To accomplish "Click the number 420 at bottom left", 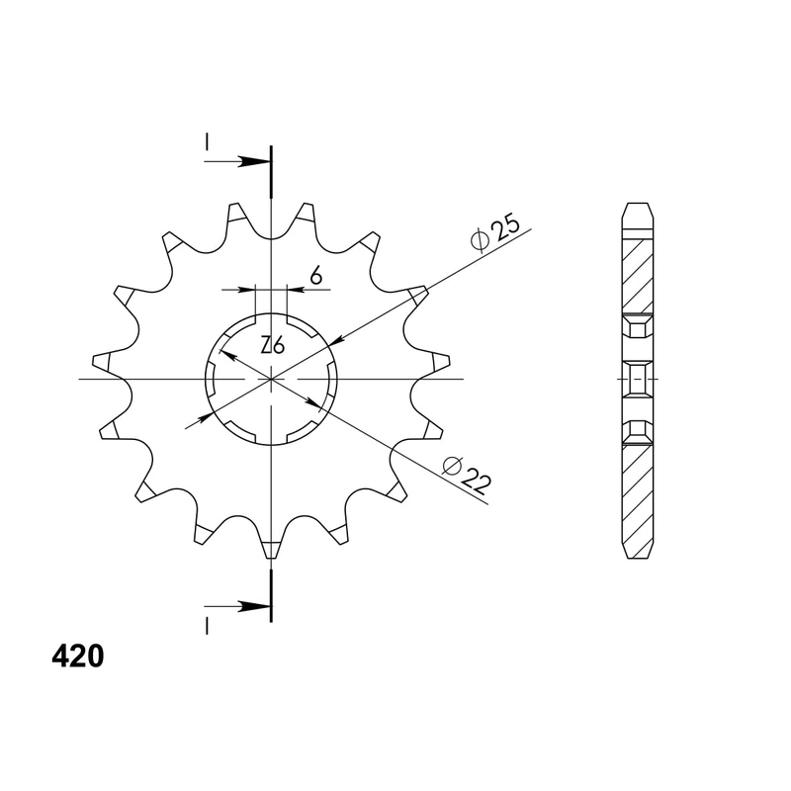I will point(75,658).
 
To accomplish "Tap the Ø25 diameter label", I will point(495,233).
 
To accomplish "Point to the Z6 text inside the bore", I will point(273,345).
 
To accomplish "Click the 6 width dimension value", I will point(315,277).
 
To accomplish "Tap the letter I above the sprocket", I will point(207,143).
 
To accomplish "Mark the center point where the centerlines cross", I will point(271,379).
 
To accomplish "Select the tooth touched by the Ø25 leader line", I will point(415,295).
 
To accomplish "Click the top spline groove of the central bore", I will point(271,318).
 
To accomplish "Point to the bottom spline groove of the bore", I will point(271,440).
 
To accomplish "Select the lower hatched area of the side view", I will point(638,494).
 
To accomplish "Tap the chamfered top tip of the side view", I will point(638,210).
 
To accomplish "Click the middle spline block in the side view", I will point(638,379).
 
